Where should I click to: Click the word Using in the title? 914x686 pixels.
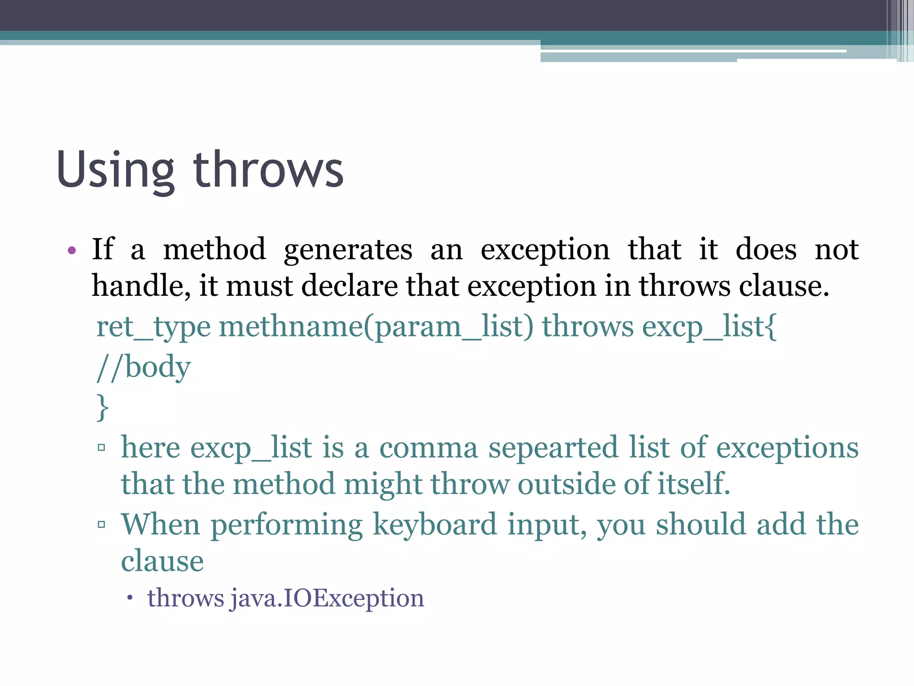pos(116,171)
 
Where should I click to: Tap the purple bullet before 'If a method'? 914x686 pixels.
pos(72,250)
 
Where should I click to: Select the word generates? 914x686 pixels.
pos(348,250)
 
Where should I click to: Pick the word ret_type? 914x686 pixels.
pos(153,327)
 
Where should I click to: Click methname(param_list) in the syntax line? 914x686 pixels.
pos(376,327)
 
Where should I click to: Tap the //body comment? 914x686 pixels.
pos(144,367)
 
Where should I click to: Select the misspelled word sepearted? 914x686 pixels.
pos(553,448)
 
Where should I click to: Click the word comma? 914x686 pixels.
pos(428,448)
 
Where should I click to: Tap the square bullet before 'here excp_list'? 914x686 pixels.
pos(102,447)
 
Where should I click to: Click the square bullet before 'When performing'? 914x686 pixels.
pos(102,524)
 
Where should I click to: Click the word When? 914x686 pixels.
pos(161,525)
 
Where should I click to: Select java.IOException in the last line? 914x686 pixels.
pos(327,598)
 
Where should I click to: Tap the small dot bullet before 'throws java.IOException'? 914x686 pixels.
pos(130,598)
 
